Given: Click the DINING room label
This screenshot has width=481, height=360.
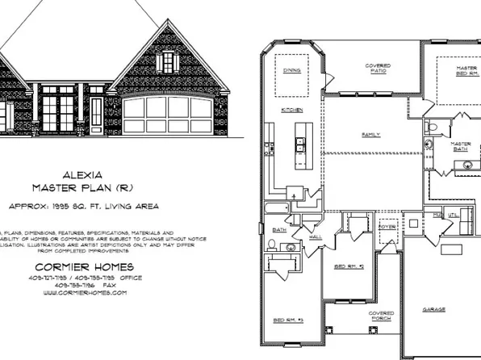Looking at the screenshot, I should tap(291, 70).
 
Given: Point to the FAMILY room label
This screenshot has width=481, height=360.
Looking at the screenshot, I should tap(371, 134).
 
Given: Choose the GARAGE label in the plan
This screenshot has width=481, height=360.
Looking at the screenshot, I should tap(434, 309).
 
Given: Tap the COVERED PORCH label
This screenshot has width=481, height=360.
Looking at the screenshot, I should tap(381, 316).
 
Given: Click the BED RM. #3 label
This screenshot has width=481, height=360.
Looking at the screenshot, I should tap(288, 320).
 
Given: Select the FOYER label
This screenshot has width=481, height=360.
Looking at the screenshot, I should tap(388, 228).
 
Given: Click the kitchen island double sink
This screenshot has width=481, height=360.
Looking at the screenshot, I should tap(299, 144).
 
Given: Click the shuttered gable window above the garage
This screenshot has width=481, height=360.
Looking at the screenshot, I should tap(167, 61).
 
